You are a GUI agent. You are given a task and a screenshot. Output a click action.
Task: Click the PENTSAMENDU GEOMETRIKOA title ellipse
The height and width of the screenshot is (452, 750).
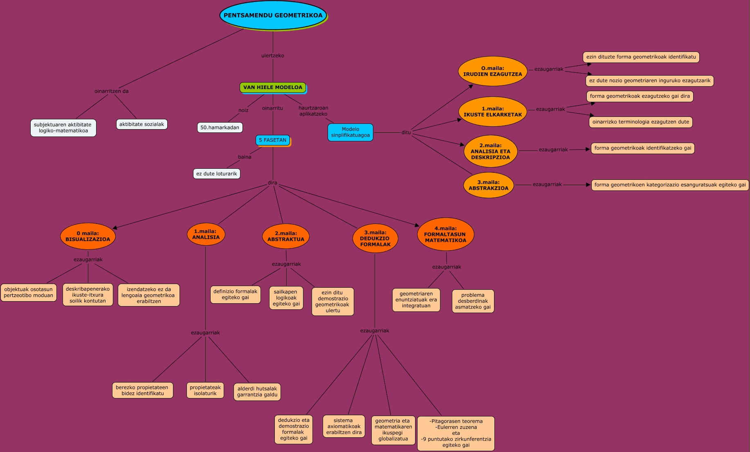(x=273, y=16)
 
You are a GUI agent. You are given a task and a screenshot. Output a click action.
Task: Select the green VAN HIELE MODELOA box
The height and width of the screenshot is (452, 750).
(x=273, y=87)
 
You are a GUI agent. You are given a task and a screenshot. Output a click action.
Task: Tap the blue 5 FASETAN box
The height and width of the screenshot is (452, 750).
(x=273, y=140)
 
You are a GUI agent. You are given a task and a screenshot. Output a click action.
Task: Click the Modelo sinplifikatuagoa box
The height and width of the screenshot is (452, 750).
(x=350, y=132)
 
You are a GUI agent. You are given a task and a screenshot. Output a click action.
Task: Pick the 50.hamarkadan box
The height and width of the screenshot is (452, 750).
(x=220, y=128)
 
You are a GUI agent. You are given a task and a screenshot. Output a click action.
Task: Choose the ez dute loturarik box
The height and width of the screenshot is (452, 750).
(x=217, y=174)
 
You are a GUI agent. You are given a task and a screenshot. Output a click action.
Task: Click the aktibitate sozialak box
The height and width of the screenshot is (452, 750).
(x=141, y=124)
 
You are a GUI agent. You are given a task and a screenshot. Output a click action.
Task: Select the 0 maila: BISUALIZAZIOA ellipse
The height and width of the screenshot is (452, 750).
(x=88, y=236)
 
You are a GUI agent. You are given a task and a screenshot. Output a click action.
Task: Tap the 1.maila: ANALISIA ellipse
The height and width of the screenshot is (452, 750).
(x=206, y=234)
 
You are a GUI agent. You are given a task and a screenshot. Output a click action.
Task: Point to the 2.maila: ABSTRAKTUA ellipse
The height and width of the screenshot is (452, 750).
(x=286, y=236)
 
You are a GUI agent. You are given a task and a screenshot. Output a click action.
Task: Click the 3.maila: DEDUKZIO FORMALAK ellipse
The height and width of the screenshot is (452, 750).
(x=375, y=238)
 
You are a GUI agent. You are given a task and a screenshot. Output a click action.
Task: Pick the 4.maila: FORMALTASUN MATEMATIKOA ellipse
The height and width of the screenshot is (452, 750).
(x=445, y=234)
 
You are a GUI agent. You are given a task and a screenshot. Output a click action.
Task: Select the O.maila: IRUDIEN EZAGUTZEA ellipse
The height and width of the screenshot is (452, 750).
(x=493, y=71)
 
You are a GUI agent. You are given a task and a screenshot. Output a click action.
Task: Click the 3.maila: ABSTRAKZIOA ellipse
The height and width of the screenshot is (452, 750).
(x=489, y=185)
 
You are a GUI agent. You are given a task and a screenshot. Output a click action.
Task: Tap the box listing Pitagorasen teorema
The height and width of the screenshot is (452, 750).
(x=456, y=433)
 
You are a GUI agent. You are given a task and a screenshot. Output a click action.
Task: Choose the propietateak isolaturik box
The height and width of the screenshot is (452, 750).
(x=205, y=390)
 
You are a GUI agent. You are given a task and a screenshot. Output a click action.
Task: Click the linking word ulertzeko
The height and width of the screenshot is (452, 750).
(x=273, y=56)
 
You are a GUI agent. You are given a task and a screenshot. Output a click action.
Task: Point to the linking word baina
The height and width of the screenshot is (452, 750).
(x=245, y=157)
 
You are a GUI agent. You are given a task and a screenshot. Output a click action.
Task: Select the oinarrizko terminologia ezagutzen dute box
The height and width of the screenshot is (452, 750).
(x=641, y=122)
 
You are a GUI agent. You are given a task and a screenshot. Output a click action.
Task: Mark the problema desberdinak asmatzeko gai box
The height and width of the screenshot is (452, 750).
(x=473, y=301)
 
